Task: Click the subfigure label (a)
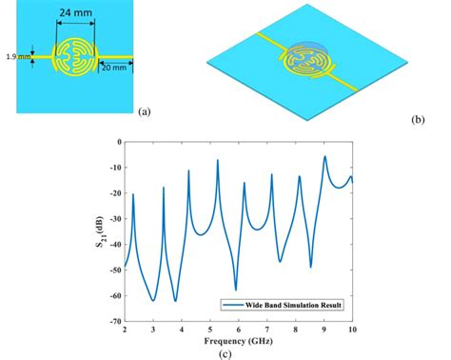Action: pos(144,111)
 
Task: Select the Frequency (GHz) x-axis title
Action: pos(238,340)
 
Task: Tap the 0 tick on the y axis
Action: pos(118,141)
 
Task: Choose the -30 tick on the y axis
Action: pos(113,218)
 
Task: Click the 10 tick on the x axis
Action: pos(352,330)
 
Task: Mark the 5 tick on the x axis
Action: pos(210,330)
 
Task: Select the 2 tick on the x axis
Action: pos(125,330)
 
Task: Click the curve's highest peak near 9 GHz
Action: pos(324,156)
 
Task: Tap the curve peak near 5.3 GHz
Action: pos(218,160)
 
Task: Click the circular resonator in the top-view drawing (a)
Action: pos(74,58)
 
